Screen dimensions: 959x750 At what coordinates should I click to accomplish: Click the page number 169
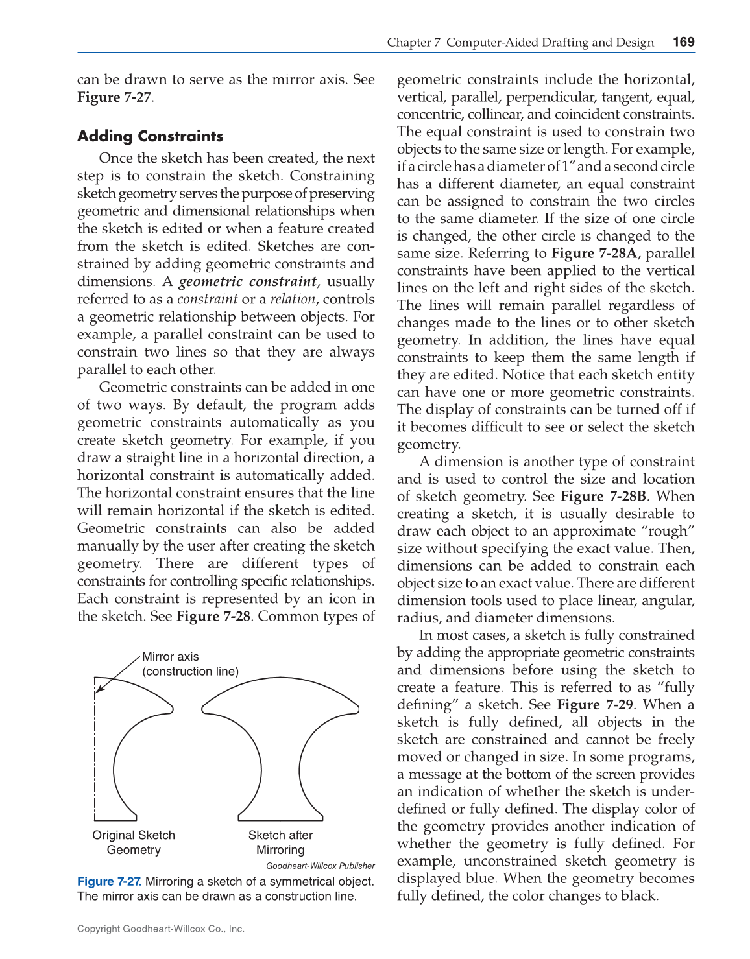684,42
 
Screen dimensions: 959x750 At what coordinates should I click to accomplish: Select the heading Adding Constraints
150,136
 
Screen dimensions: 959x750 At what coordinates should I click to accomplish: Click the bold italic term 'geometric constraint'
248,281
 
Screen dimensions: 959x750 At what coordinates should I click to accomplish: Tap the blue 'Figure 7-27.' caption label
109,881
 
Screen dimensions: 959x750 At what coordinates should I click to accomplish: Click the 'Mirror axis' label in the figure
171,656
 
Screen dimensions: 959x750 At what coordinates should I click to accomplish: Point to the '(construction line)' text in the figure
190,671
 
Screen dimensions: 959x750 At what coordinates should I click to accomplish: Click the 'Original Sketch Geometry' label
134,842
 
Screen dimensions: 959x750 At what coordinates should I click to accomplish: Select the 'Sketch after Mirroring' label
280,842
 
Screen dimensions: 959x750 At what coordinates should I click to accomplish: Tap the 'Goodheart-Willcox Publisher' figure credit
321,866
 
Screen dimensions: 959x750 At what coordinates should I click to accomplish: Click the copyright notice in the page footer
161,929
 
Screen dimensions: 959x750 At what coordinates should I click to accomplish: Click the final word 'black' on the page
639,896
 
